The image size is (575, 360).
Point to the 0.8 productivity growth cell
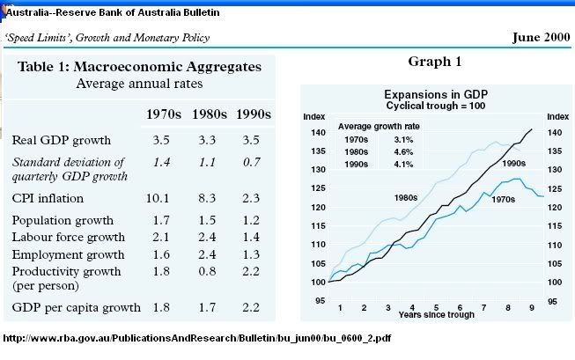pyautogui.click(x=210, y=271)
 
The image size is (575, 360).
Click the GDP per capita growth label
pyautogui.click(x=77, y=307)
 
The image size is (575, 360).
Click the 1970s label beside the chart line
pyautogui.click(x=502, y=200)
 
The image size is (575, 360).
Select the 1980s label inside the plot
pyautogui.click(x=406, y=198)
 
